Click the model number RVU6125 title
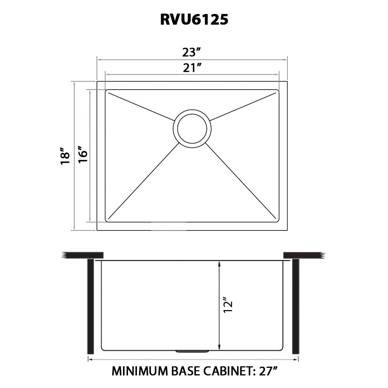(x=194, y=20)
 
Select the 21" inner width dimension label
(x=192, y=68)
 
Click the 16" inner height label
(x=83, y=155)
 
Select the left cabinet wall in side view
(x=91, y=307)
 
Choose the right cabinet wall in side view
(x=296, y=307)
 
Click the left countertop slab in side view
(x=83, y=255)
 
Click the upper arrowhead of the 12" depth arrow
(x=220, y=264)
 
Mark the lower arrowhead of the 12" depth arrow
(x=220, y=347)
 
